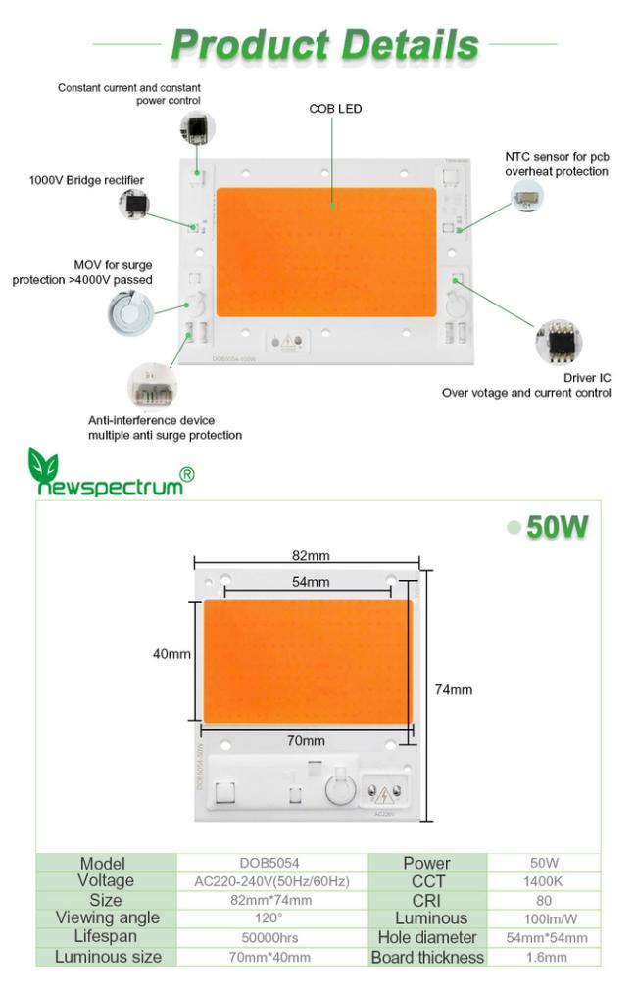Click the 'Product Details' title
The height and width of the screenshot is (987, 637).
324,44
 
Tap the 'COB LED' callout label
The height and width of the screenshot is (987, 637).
335,109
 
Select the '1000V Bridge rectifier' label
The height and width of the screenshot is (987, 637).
86,180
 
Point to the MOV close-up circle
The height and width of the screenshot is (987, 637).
131,311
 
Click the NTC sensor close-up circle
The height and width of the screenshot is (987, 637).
527,200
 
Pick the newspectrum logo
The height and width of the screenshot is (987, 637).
111,474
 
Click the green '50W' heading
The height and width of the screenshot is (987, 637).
557,527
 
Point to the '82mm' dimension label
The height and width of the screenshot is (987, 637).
311,556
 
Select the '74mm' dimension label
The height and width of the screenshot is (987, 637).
453,689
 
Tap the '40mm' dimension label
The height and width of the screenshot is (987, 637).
171,654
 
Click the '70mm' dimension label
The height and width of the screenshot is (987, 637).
306,740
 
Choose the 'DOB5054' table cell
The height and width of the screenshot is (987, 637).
271,863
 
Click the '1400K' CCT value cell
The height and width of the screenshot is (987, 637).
544,881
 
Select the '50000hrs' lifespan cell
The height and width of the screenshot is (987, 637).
271,937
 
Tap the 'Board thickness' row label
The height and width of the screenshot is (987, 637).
427,957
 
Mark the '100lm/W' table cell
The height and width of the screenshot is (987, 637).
544,918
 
